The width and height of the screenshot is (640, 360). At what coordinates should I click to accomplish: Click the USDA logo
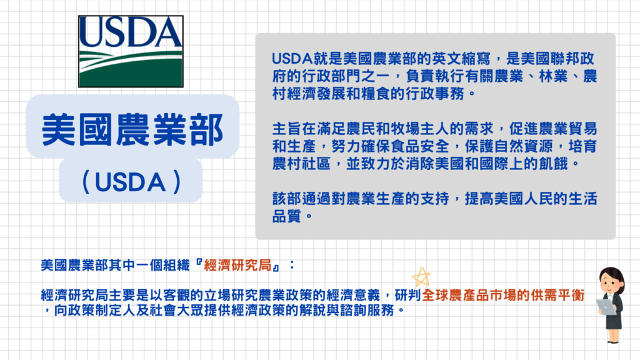131,51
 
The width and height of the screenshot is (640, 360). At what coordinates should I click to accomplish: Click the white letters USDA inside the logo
131,31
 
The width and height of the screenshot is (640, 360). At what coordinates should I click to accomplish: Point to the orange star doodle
421,277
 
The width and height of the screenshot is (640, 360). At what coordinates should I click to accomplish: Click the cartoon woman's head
611,279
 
